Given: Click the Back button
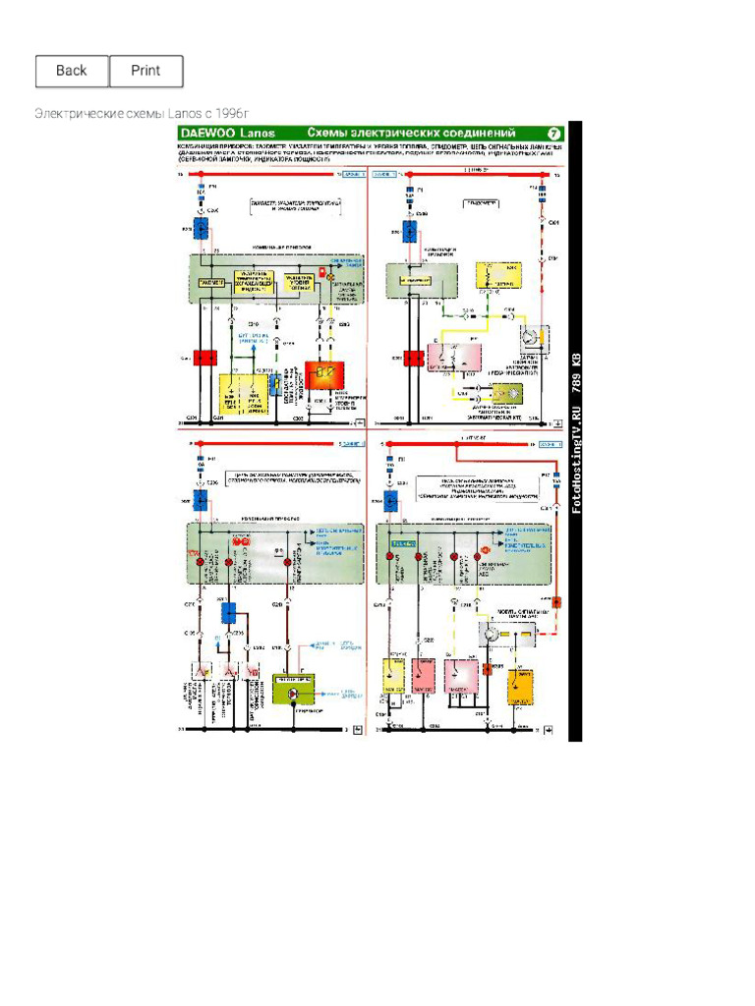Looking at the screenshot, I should tap(72, 71).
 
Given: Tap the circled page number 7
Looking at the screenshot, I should tap(553, 133).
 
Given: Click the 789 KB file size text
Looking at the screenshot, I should tap(577, 370).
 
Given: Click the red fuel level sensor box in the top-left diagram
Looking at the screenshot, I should tap(322, 374).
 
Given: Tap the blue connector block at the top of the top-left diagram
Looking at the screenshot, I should tap(201, 230).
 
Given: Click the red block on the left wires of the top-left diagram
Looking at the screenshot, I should tap(204, 359).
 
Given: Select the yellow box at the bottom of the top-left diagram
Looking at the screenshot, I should tap(241, 393).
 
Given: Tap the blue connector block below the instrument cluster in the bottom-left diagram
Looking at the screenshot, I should tap(228, 613).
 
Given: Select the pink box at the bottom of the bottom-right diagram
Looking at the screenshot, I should tap(461, 677).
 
